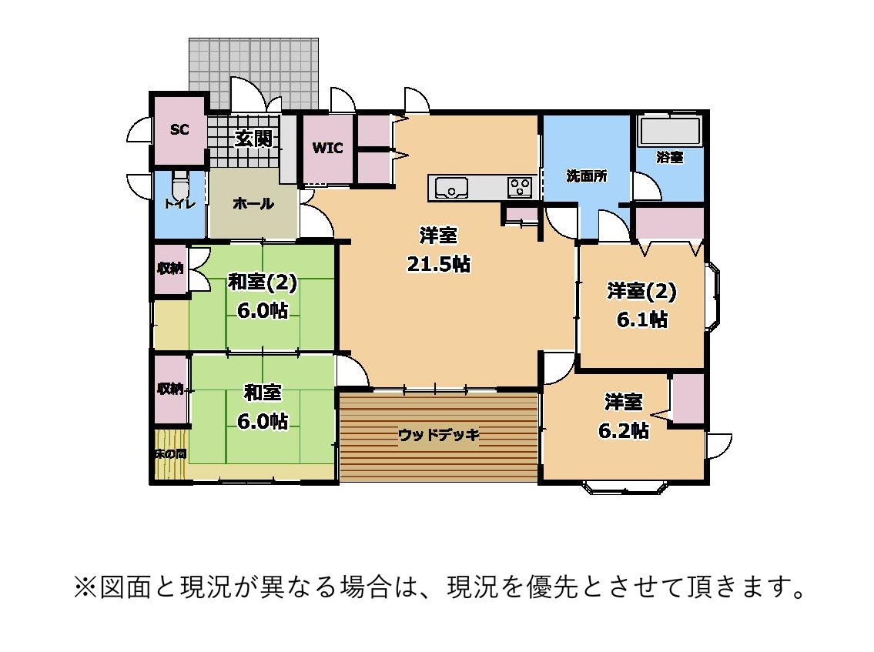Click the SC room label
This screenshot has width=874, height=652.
click(x=179, y=129)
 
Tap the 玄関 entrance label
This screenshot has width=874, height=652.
click(x=253, y=138)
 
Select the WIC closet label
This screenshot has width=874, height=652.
click(x=327, y=148)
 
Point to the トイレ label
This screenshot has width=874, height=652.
click(x=179, y=204)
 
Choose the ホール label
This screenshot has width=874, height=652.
click(x=253, y=203)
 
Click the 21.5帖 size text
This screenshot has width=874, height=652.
click(x=438, y=263)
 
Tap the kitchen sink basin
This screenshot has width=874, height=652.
click(x=451, y=188)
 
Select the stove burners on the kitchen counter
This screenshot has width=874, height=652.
click(x=521, y=187)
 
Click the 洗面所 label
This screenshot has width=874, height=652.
click(x=586, y=176)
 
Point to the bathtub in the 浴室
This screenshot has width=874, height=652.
click(x=669, y=132)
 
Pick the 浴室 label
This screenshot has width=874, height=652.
click(x=669, y=157)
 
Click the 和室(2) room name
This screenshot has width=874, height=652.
click(x=262, y=282)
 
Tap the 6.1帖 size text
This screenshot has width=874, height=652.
click(x=641, y=319)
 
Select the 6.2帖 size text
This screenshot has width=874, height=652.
click(x=623, y=430)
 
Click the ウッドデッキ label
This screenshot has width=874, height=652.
click(x=439, y=435)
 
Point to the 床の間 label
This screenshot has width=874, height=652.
click(x=170, y=454)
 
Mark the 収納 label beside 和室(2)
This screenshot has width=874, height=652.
click(x=170, y=268)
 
